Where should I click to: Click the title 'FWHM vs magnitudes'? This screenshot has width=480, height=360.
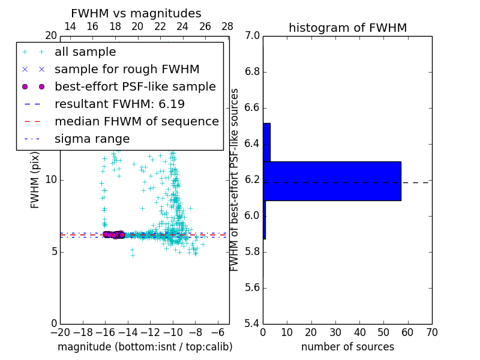[136, 13]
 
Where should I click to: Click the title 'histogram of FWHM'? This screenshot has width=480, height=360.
[347, 28]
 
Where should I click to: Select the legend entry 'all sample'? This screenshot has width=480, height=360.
[85, 52]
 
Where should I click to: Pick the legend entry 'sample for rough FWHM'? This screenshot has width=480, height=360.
[127, 70]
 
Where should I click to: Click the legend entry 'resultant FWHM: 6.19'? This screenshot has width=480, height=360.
[119, 104]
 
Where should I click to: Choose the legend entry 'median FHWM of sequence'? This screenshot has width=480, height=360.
[136, 122]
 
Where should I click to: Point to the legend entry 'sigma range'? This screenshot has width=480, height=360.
[92, 139]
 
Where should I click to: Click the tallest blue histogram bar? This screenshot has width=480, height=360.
[332, 181]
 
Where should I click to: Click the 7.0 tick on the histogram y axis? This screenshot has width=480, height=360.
[253, 36]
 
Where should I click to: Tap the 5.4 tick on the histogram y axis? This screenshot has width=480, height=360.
[253, 323]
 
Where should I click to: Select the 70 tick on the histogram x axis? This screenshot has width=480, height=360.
[431, 332]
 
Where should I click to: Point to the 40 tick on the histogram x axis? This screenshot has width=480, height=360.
[359, 332]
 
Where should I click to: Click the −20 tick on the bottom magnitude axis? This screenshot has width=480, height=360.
[60, 332]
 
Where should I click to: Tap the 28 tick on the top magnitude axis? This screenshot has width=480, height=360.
[227, 26]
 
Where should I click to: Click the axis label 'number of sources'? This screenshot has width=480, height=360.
[347, 347]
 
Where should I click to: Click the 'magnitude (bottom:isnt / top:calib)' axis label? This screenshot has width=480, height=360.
[145, 347]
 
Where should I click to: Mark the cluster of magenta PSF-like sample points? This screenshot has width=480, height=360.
[113, 235]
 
